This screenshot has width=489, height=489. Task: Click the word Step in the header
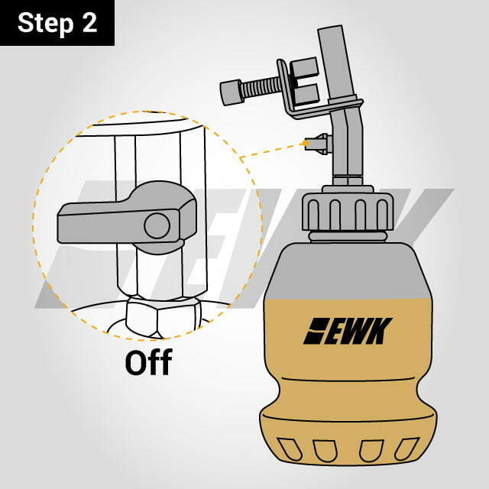pos(45,23)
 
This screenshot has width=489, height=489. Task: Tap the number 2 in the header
pos(90,22)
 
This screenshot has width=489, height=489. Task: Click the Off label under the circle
pos(148,362)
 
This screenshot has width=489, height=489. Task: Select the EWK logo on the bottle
pos(348,331)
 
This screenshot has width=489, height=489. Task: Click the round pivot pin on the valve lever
pos(157,226)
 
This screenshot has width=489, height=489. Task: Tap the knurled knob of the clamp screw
pos(231,92)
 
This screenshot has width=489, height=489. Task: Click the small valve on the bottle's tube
pos(318,144)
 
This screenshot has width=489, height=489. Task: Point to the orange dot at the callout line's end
pos(306,144)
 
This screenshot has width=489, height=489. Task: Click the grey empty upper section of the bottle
pos(348,270)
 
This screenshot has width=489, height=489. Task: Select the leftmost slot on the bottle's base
pos(290,449)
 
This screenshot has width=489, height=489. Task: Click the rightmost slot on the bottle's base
pos(406,449)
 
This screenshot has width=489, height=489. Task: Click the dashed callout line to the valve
pos(272,150)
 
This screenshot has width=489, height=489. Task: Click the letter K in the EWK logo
pos(379,331)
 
